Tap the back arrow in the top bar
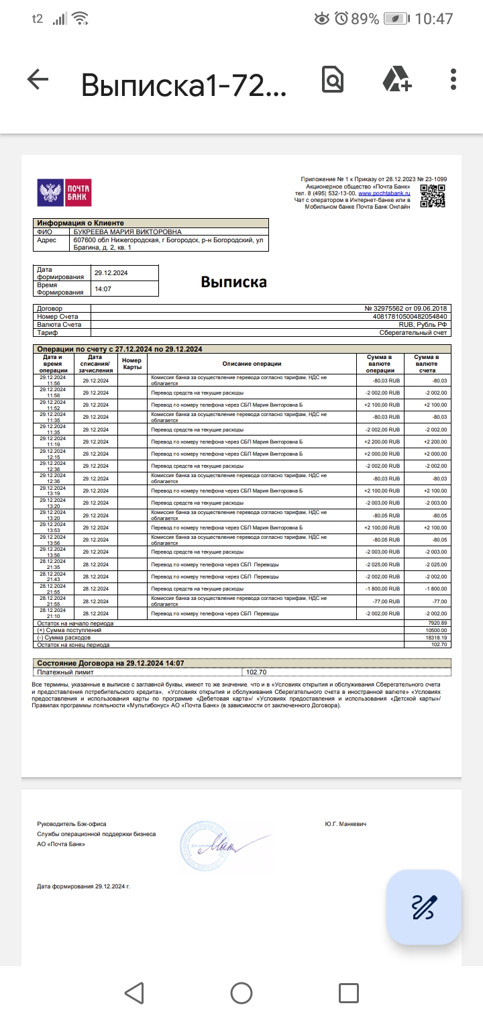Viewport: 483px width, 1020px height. click(38, 80)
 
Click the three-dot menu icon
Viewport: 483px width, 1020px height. click(454, 79)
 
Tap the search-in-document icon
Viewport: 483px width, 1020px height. click(333, 80)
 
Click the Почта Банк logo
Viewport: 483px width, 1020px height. click(64, 193)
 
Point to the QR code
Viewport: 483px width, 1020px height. click(433, 196)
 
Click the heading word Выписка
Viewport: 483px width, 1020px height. click(233, 282)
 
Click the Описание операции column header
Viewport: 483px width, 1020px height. click(252, 364)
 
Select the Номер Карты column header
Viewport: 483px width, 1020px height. click(132, 364)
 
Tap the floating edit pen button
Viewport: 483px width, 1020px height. click(423, 907)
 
